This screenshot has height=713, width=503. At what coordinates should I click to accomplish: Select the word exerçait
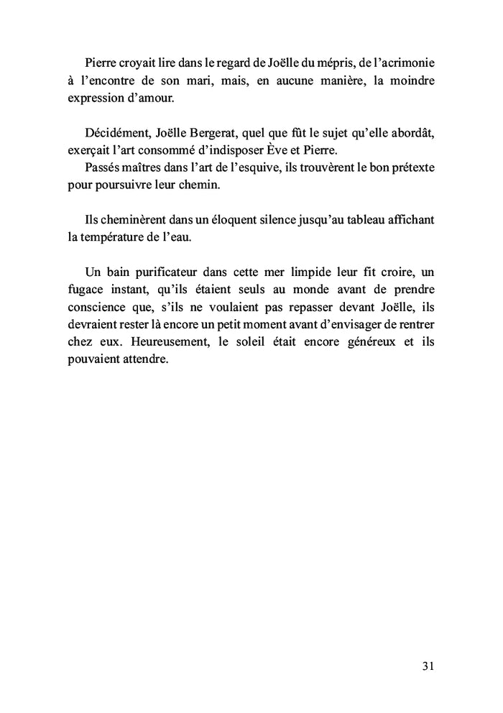91,151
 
